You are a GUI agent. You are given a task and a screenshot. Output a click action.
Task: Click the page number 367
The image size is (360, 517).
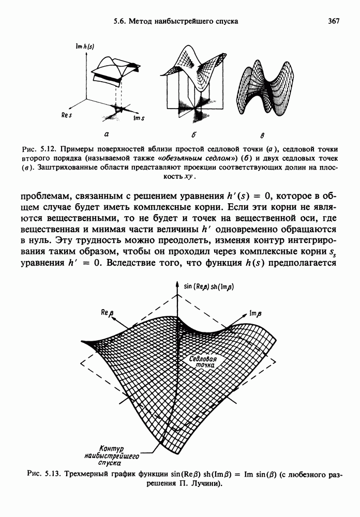point(333,21)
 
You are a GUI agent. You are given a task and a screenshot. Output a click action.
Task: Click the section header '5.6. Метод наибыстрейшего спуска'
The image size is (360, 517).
point(175,21)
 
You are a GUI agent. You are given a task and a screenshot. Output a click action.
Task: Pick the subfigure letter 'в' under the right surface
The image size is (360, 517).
point(262,137)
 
